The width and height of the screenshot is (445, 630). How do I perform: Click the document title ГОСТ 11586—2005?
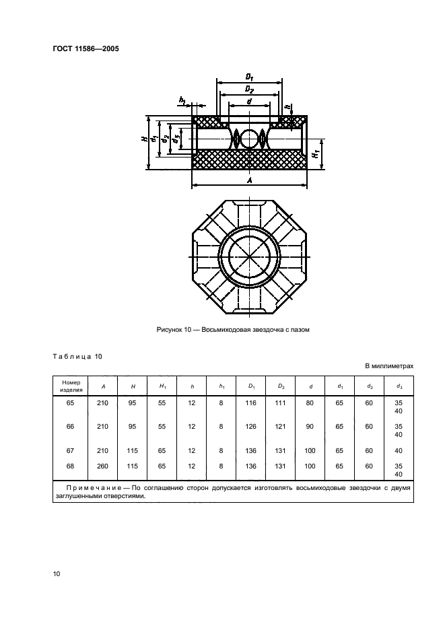click(x=85, y=49)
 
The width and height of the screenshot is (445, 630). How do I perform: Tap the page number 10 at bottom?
click(x=57, y=573)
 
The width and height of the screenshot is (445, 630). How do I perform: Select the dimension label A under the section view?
click(x=250, y=181)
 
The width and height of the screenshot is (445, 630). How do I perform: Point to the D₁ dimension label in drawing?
click(x=249, y=77)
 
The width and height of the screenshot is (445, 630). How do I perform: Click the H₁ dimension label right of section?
click(x=316, y=153)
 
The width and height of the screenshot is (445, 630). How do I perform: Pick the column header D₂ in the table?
click(x=281, y=386)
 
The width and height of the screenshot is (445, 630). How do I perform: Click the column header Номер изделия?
click(x=71, y=386)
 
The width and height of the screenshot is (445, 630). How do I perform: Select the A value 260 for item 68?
click(x=102, y=466)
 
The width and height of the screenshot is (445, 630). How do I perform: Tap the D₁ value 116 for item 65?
click(x=250, y=403)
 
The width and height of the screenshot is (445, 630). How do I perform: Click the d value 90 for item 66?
click(x=310, y=426)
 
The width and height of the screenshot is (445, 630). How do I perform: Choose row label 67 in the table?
click(x=70, y=450)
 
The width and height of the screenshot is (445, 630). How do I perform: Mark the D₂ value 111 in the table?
click(x=280, y=403)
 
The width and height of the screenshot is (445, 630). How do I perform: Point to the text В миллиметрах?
click(x=389, y=366)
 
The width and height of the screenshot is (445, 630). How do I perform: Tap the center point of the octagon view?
click(x=249, y=256)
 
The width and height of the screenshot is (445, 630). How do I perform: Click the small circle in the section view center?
click(x=249, y=139)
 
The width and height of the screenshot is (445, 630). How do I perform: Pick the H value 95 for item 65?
click(x=132, y=403)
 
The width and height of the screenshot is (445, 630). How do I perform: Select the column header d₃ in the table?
click(x=399, y=386)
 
